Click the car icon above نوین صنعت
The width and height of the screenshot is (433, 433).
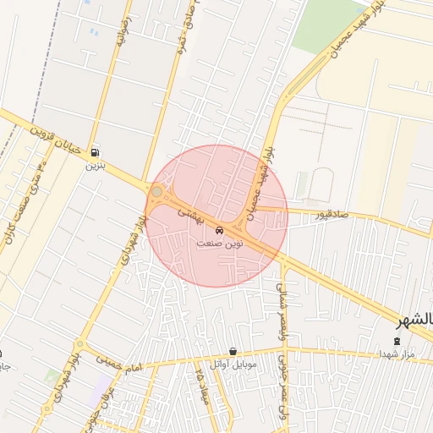[x=219, y=230]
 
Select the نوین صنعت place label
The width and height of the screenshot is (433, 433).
[x=219, y=243]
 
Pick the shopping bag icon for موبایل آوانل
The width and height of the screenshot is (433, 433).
[x=233, y=352]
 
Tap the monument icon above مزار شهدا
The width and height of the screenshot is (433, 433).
[x=397, y=340]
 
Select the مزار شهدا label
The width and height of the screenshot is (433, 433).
[x=397, y=353]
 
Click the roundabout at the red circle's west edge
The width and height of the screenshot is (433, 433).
[x=156, y=192]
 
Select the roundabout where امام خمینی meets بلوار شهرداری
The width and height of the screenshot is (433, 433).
[x=79, y=345]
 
